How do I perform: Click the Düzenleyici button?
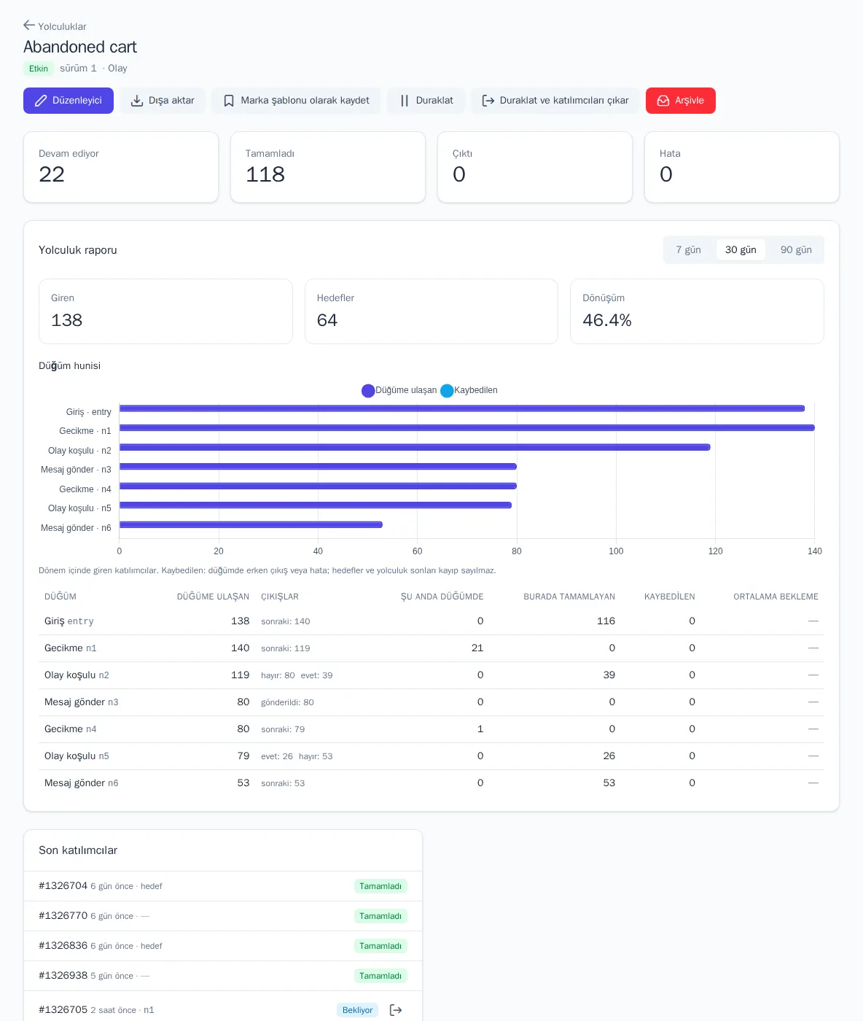tap(68, 100)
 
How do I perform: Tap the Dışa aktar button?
tap(162, 100)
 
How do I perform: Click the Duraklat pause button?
tap(426, 100)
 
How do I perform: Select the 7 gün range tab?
tap(688, 249)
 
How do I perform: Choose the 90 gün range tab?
tap(796, 249)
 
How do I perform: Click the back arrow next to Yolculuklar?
tap(29, 26)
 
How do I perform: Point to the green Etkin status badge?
tap(39, 68)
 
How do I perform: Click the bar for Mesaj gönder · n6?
tap(251, 524)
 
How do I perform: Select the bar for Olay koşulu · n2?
tap(415, 447)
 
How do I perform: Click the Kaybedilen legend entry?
tap(469, 390)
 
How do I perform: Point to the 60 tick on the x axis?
tap(417, 551)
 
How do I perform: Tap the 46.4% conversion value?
tap(606, 320)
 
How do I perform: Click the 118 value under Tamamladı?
tap(265, 174)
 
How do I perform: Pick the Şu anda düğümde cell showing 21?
tap(477, 648)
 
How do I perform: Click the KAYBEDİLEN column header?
tap(669, 597)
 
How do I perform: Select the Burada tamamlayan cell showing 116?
tap(605, 621)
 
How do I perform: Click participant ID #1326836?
tap(63, 945)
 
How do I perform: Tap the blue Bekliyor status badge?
tap(357, 1009)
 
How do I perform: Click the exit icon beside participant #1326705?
tap(396, 1009)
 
